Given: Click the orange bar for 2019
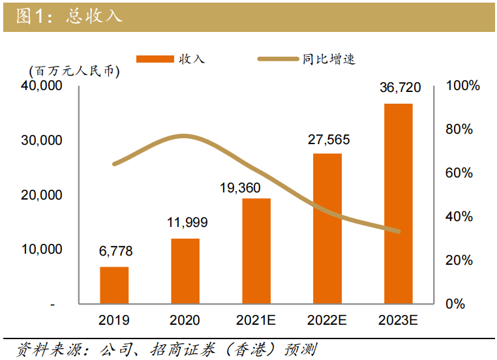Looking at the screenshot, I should tap(114, 285).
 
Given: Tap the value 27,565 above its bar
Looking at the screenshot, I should tap(328, 138).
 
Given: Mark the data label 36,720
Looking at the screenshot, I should tap(400, 87).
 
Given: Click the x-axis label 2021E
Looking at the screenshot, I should tap(256, 320).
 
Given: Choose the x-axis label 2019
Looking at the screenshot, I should tap(114, 320).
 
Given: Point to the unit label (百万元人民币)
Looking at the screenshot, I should tap(74, 72).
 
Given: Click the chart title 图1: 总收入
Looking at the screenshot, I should tap(68, 16).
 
